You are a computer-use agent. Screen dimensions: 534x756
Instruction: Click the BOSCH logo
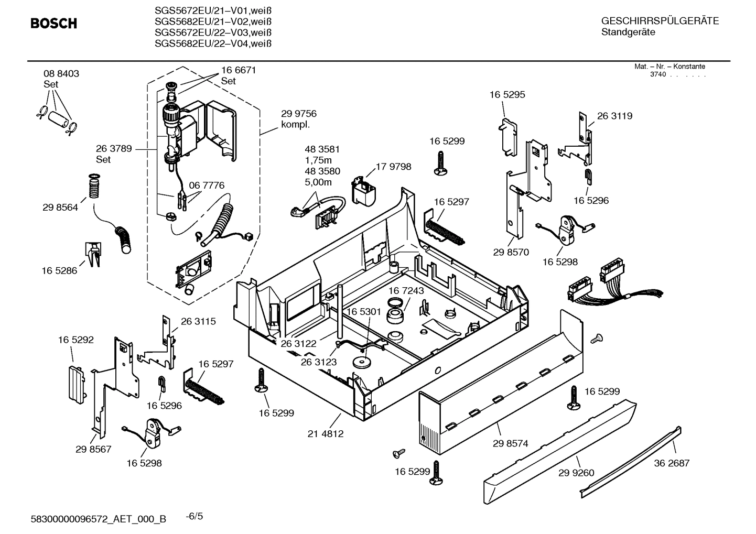tap(53, 24)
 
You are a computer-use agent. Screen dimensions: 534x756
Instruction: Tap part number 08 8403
tap(61, 74)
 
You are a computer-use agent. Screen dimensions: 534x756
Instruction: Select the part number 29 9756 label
tap(298, 114)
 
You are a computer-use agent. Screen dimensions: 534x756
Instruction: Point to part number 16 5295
tap(507, 95)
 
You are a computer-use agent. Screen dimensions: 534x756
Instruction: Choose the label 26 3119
tap(614, 116)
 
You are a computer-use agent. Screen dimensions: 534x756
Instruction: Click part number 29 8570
tap(511, 252)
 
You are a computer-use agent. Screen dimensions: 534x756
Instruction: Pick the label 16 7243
tap(406, 290)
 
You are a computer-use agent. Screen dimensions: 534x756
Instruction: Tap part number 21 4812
tap(326, 434)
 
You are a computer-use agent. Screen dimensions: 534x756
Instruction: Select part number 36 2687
tap(672, 463)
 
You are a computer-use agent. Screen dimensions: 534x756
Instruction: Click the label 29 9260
tap(576, 473)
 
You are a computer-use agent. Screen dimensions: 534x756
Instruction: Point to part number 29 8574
tap(510, 443)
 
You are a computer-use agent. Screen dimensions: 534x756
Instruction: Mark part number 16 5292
tap(76, 340)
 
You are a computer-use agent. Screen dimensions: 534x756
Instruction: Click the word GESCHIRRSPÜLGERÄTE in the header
tap(660, 21)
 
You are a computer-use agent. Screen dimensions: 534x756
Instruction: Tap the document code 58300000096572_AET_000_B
tap(99, 519)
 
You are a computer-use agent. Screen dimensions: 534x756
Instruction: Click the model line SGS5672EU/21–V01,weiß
tap(213, 10)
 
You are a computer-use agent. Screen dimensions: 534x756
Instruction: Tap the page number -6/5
tap(195, 516)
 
